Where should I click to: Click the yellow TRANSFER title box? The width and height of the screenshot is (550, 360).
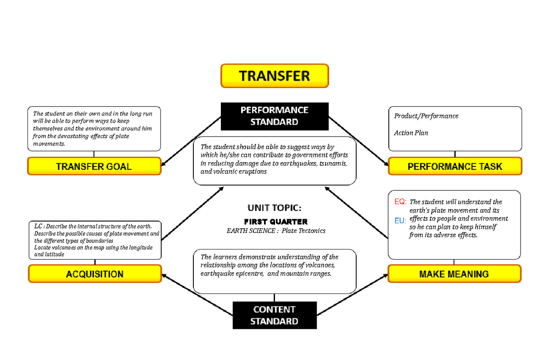tap(275, 76)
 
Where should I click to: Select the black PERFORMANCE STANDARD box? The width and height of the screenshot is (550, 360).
tap(275, 116)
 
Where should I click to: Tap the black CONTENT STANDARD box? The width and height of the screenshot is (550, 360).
tap(275, 316)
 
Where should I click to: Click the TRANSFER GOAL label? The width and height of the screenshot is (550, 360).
tap(94, 166)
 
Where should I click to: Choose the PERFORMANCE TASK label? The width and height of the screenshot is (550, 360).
tap(455, 166)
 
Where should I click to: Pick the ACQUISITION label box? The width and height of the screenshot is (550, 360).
tap(95, 274)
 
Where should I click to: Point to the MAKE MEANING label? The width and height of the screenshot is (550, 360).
tap(454, 274)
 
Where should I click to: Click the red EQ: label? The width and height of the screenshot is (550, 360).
tap(400, 202)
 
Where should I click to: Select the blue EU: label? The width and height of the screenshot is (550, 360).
tap(400, 221)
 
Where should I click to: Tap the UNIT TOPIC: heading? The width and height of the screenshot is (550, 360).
tap(275, 207)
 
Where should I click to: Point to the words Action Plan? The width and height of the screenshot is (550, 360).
tap(411, 133)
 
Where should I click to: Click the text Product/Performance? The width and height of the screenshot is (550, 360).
tap(426, 116)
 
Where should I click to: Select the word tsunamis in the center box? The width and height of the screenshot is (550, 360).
tap(334, 163)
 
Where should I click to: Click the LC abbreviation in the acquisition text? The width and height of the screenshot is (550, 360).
tap(38, 226)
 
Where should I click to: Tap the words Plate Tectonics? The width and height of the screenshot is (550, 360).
tap(303, 231)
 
